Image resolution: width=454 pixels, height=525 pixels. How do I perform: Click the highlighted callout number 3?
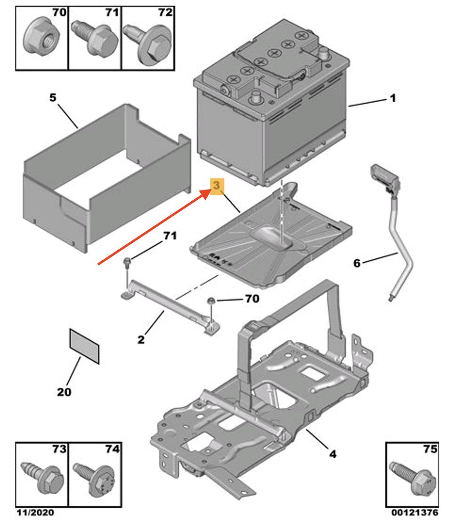click(x=217, y=185)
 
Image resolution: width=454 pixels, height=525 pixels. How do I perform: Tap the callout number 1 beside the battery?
click(x=393, y=98)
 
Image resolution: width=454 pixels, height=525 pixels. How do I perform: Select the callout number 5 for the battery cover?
click(x=53, y=98)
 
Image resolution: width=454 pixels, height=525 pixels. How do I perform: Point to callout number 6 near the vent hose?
click(x=357, y=263)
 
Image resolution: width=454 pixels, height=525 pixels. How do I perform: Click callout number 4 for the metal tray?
click(x=332, y=454)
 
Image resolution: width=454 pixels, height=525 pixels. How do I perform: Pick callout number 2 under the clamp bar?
click(x=141, y=339)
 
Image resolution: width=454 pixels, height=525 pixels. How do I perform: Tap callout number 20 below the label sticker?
click(x=64, y=392)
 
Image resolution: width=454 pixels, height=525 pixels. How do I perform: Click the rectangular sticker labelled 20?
click(x=84, y=346)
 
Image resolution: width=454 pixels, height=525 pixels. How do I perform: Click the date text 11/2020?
click(x=35, y=513)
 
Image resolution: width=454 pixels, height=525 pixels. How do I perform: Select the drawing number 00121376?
click(x=415, y=513)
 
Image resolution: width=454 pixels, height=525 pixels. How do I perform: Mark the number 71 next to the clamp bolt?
click(x=170, y=236)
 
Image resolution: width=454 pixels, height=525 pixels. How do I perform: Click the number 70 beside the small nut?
click(x=252, y=298)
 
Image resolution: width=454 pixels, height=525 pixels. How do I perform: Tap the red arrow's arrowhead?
click(x=205, y=193)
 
